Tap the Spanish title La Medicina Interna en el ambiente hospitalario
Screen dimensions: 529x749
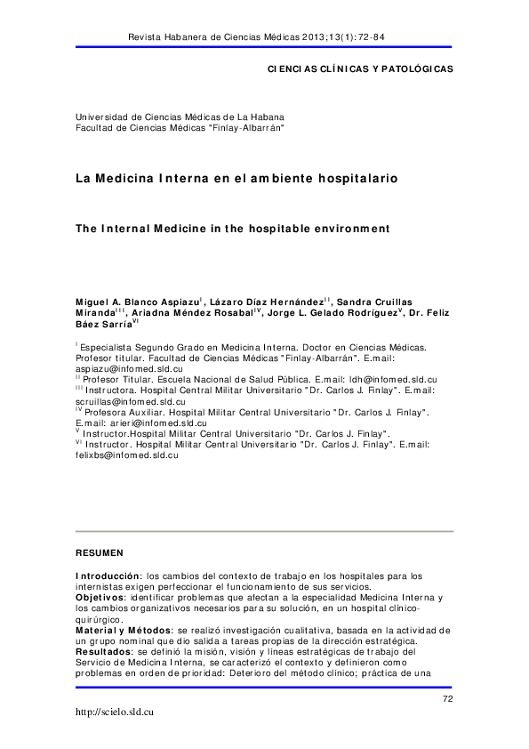pos(236,178)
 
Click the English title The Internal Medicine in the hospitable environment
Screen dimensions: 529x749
pos(232,228)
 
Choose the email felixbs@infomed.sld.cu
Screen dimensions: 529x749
pos(127,454)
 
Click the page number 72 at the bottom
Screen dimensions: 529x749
pos(447,700)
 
